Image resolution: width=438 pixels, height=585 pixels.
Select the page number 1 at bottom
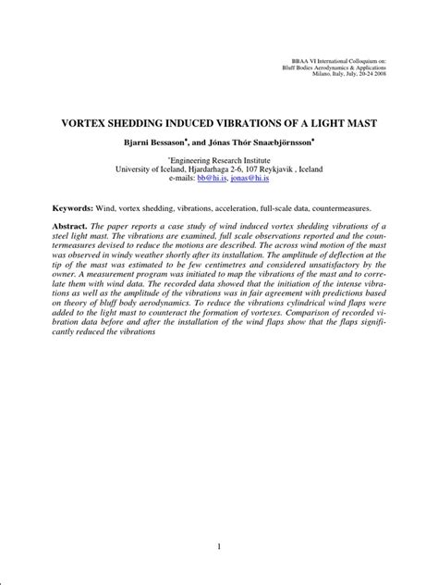[x=218, y=548]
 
